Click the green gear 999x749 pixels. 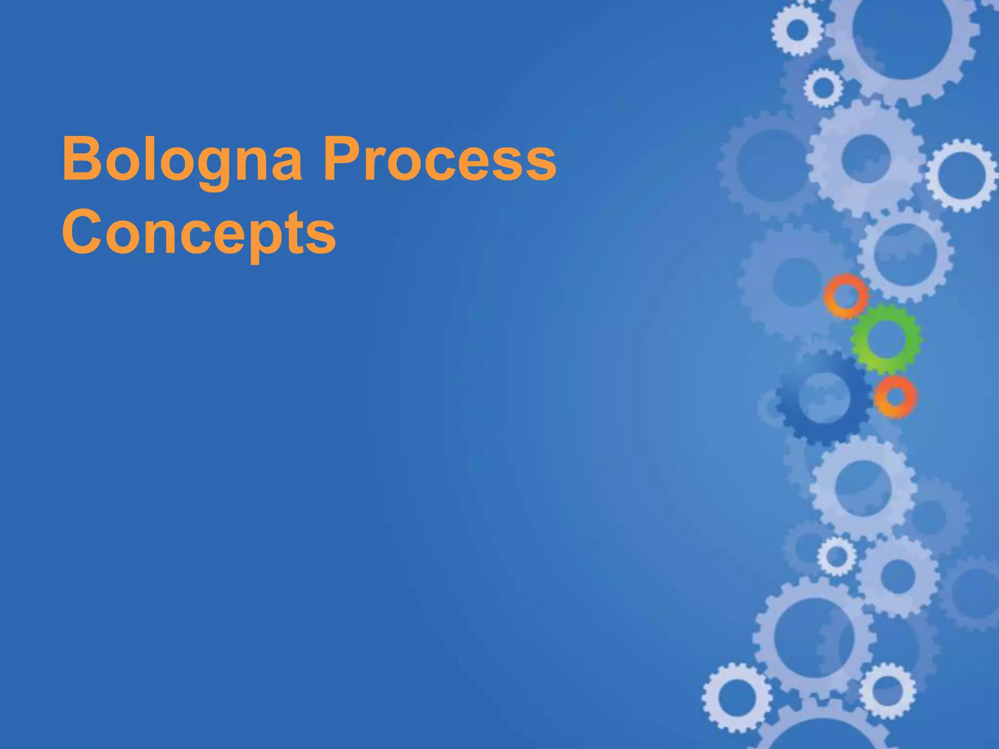click(x=886, y=339)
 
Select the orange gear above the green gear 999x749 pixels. click(x=846, y=296)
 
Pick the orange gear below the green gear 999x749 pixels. click(x=895, y=397)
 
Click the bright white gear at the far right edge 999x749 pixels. click(x=962, y=175)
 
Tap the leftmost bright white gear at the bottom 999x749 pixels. click(x=737, y=697)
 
